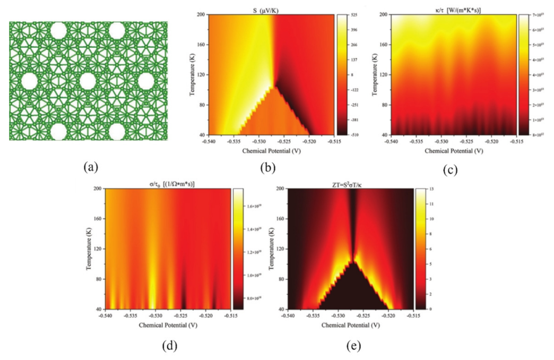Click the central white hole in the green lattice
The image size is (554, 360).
coord(88,81)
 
